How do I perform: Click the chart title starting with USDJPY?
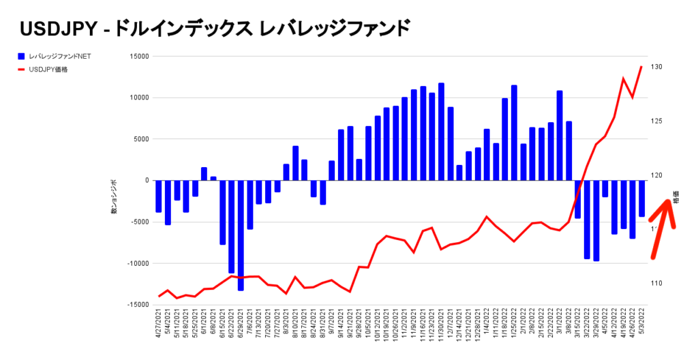[215, 28]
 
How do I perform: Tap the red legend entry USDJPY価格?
[48, 69]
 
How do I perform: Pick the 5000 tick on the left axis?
[140, 139]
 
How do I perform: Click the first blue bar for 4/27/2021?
[159, 196]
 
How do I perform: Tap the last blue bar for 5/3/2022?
[641, 198]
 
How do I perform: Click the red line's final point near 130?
[641, 67]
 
